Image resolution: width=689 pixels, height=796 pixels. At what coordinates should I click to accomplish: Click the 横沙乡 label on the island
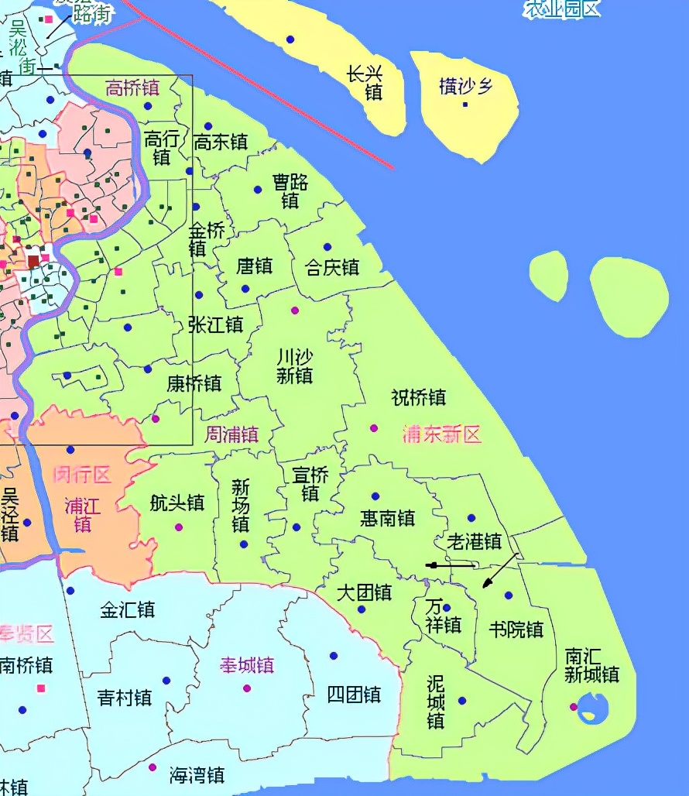click(x=465, y=86)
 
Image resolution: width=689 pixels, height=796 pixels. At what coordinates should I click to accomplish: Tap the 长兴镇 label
click(x=374, y=83)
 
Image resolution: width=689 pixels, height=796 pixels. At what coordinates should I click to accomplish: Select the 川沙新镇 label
click(x=294, y=366)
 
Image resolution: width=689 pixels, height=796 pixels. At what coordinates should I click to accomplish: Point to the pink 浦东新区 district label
click(x=442, y=434)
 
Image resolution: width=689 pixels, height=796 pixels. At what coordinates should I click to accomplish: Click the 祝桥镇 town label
click(x=419, y=398)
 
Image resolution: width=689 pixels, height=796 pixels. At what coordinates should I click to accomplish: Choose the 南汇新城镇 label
click(x=591, y=665)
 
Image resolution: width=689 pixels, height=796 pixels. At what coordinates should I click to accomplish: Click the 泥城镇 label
click(x=436, y=702)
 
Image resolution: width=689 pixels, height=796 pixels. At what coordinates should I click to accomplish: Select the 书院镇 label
click(x=516, y=629)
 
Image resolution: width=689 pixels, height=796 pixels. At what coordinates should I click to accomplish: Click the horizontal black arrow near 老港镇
click(x=451, y=565)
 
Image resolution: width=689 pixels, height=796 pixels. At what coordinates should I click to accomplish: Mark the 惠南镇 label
click(x=387, y=518)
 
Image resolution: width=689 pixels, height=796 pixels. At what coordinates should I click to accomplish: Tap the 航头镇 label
click(x=177, y=503)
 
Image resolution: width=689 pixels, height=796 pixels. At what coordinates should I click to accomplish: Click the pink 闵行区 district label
click(x=82, y=475)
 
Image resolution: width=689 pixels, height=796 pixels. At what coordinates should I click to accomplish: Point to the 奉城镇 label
click(x=247, y=665)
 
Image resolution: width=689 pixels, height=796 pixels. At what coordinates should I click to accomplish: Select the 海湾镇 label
click(x=197, y=774)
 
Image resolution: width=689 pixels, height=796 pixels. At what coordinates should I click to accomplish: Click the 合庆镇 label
click(x=332, y=268)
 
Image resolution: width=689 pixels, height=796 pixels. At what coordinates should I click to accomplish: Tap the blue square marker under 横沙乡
click(x=465, y=104)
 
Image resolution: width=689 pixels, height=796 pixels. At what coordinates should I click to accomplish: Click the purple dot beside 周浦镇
click(x=156, y=418)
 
